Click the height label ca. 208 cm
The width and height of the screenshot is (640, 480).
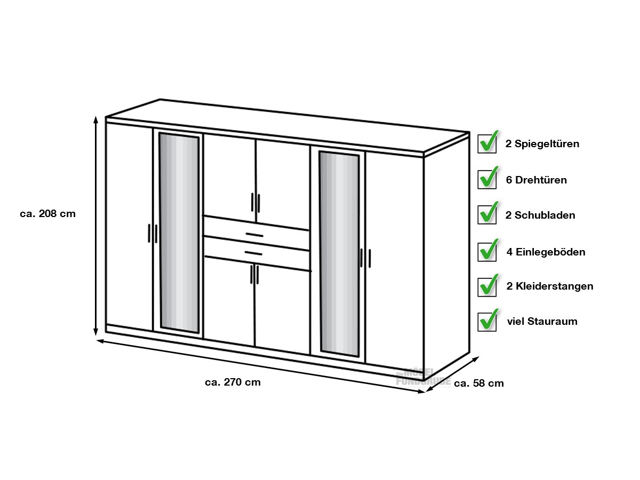coord(48,214)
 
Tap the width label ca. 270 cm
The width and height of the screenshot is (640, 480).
coord(233,382)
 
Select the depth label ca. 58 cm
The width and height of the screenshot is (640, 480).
coord(479,383)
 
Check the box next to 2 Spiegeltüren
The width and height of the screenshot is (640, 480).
coord(487,142)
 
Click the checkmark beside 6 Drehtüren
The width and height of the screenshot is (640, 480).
coord(487,178)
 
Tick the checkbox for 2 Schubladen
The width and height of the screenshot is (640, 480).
coord(487,214)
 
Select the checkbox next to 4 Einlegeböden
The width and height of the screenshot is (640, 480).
coord(487,251)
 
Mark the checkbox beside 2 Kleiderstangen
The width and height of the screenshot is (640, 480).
coord(487,286)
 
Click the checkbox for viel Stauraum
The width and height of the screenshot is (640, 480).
coord(487,321)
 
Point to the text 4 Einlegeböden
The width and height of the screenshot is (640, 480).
coord(546,252)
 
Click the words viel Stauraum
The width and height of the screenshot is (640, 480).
coord(542,322)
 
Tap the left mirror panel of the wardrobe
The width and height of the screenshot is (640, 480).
coord(179,233)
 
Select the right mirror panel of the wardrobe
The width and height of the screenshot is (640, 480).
coord(339,253)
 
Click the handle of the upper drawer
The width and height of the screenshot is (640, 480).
coord(254,235)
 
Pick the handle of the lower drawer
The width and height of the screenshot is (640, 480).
coord(253,253)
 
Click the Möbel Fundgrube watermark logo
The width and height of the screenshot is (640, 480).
coord(423,378)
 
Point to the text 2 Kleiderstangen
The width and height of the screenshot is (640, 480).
coord(550,286)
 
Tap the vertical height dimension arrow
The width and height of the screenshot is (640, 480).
coord(95,226)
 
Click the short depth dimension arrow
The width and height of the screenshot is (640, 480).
coord(452,374)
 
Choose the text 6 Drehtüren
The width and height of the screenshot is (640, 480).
coord(537,180)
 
